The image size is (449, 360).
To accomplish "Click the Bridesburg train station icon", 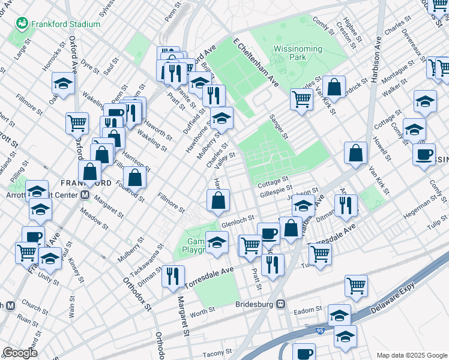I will click(x=280, y=304).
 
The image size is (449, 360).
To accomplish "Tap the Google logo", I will click(x=20, y=353).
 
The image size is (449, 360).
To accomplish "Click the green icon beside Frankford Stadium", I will click(x=23, y=23).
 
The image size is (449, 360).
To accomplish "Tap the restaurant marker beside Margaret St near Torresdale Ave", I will click(x=172, y=275).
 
